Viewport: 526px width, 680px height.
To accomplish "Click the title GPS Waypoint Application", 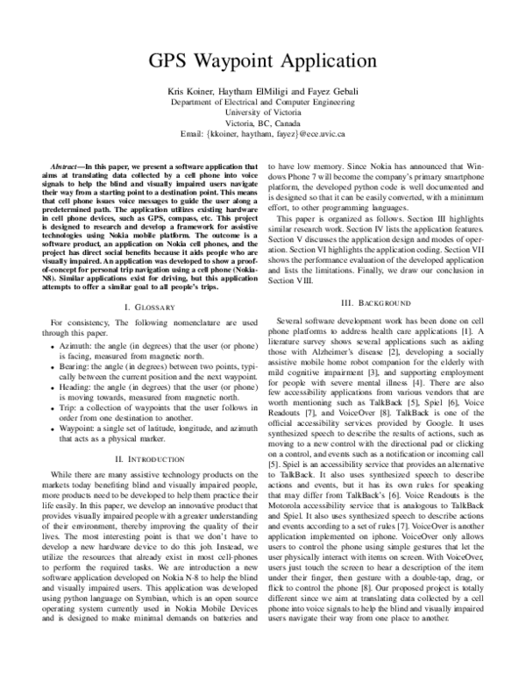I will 263,63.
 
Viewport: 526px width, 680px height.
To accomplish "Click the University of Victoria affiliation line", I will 263,113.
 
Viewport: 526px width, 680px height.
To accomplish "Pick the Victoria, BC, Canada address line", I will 263,124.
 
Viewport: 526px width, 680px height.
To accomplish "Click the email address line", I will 263,134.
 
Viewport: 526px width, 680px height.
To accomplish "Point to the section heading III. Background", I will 375,302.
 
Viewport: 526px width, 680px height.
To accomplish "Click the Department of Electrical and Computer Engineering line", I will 263,103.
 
